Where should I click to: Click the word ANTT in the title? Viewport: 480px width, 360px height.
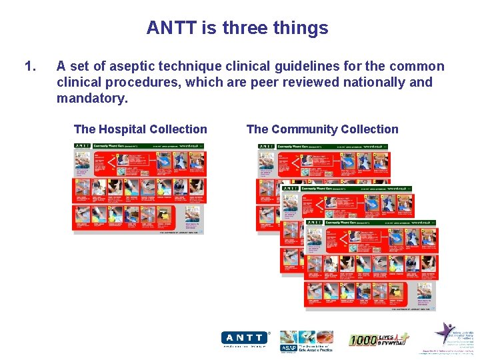tap(168, 28)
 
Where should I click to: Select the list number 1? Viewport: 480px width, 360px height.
tap(29, 66)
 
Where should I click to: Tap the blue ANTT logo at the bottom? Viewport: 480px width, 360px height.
tap(244, 338)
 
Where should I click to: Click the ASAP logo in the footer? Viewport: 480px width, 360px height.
tap(306, 340)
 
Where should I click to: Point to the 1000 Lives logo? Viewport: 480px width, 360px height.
tap(378, 340)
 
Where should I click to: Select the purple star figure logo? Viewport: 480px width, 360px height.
tap(445, 332)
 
